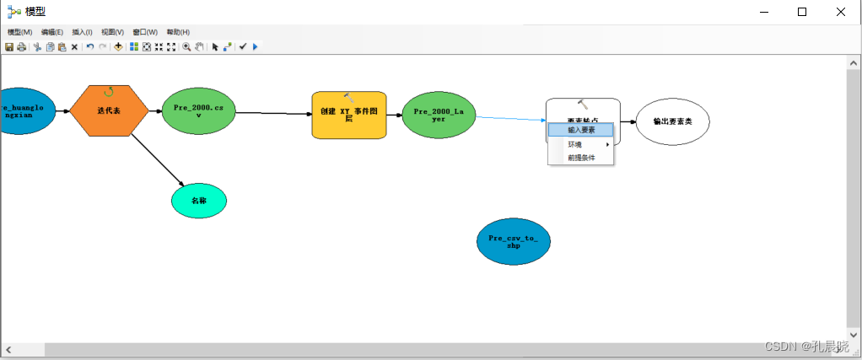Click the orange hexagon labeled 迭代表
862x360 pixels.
[109, 110]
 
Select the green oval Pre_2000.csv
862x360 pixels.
[198, 111]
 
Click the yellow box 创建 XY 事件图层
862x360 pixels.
[348, 115]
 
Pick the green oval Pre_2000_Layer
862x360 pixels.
[439, 115]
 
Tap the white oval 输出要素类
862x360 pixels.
[672, 121]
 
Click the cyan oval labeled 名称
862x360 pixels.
[198, 201]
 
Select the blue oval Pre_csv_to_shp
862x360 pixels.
[513, 242]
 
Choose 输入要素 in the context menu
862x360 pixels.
[581, 130]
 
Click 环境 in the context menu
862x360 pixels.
[574, 144]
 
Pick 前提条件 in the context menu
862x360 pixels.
[581, 158]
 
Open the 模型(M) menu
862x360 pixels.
[19, 32]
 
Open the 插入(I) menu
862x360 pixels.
[83, 32]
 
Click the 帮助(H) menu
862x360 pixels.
[178, 32]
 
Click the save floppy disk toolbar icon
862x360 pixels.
[9, 47]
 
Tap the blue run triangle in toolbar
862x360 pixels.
[255, 47]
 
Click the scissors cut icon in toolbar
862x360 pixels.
[37, 47]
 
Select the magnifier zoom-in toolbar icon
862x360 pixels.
[186, 47]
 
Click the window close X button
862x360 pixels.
[841, 12]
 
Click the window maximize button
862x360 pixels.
[802, 12]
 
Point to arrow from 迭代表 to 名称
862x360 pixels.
[156, 159]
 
